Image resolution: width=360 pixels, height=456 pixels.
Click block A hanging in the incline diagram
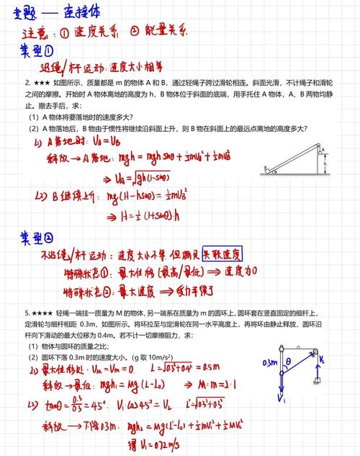(323, 151)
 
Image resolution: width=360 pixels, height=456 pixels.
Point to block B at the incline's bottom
(267, 169)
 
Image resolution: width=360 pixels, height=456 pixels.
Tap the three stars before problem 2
(38, 84)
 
